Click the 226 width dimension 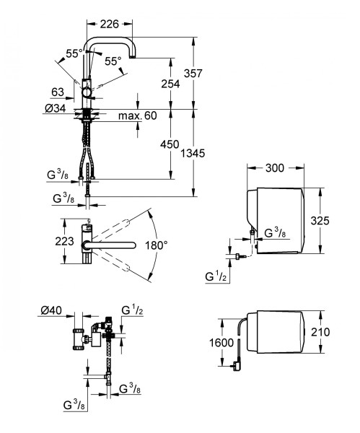point(110,25)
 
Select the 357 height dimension point(193,74)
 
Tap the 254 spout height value point(170,84)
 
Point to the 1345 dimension point(193,153)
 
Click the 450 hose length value point(170,144)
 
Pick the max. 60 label point(138,115)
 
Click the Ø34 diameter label point(56,108)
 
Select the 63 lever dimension point(58,92)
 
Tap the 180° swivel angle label point(157,245)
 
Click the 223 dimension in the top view point(64,241)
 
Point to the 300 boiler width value point(275,168)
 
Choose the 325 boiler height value point(320,221)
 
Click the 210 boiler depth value point(320,332)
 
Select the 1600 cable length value point(221,343)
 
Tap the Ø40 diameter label point(51,310)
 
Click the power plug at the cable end point(237,366)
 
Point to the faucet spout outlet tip point(133,56)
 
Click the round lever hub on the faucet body point(87,92)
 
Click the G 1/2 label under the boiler point(216,276)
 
